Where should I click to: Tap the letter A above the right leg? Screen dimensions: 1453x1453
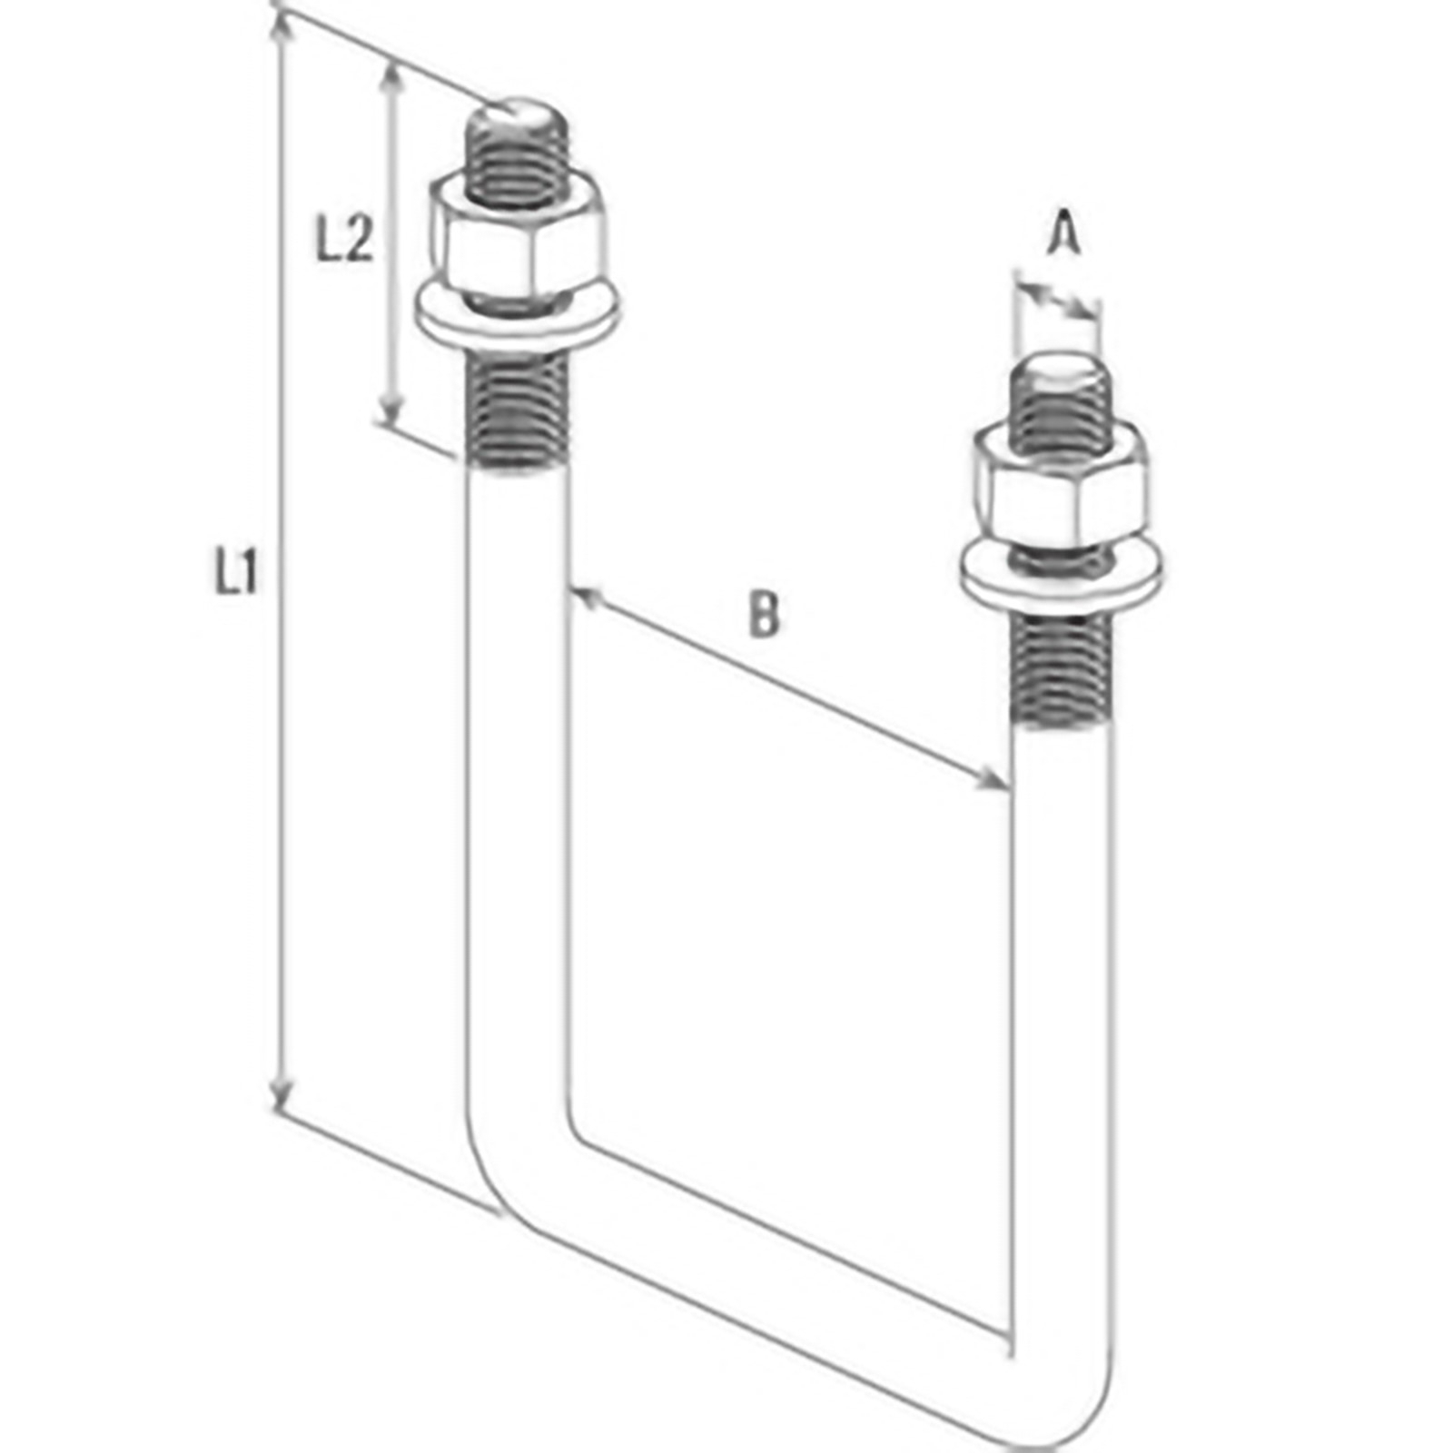click(x=1064, y=232)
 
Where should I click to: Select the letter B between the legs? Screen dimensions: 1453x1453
click(x=764, y=613)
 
